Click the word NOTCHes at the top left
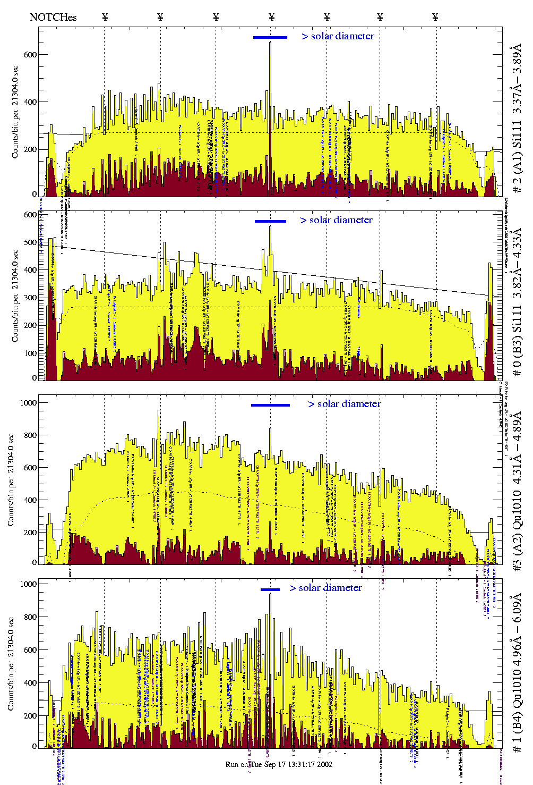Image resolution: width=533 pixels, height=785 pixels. (53, 17)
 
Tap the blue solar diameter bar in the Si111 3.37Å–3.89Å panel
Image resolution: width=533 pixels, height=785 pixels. (270, 37)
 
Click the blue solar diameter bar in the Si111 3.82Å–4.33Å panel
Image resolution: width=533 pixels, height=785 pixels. (270, 221)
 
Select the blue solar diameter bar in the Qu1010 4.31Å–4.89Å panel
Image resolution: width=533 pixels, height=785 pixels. (270, 405)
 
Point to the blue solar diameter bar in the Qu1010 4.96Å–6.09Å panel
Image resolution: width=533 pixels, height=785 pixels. (270, 589)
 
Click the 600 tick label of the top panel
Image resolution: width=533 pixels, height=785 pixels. (30, 55)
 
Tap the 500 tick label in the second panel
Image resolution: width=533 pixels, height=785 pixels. (30, 242)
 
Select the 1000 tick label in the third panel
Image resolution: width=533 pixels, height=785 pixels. (28, 403)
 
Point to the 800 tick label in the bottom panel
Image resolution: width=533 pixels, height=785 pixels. (30, 617)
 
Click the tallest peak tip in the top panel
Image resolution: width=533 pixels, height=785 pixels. (270, 43)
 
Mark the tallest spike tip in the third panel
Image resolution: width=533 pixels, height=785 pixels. (159, 410)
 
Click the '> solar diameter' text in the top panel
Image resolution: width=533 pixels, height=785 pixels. (338, 36)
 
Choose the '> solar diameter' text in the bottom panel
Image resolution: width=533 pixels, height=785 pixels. (325, 588)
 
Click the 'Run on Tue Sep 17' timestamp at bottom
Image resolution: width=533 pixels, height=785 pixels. (279, 764)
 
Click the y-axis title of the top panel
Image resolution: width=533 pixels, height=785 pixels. (15, 112)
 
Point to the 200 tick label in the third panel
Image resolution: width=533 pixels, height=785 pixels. (30, 533)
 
